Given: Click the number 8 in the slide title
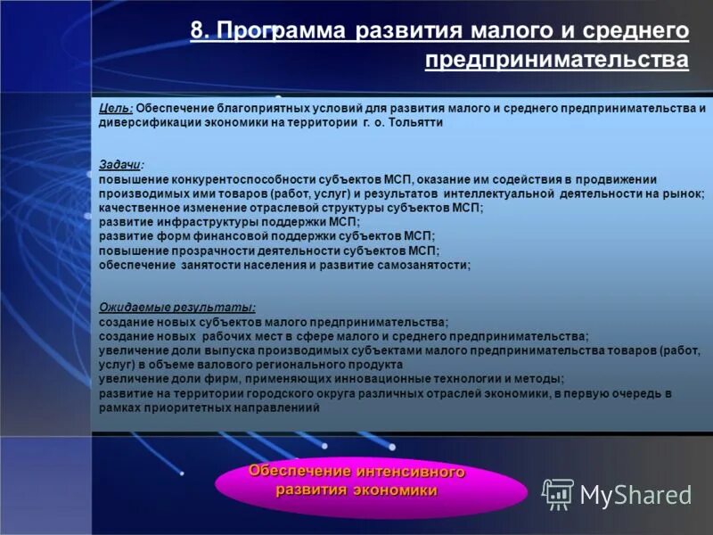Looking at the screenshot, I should [x=197, y=31].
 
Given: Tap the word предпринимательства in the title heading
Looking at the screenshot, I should [x=557, y=60].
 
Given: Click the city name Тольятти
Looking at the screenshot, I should [x=415, y=123].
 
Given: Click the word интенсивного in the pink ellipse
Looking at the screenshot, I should [x=414, y=471].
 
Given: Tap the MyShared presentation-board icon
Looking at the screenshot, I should [x=558, y=493].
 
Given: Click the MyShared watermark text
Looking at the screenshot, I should [x=635, y=494].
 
